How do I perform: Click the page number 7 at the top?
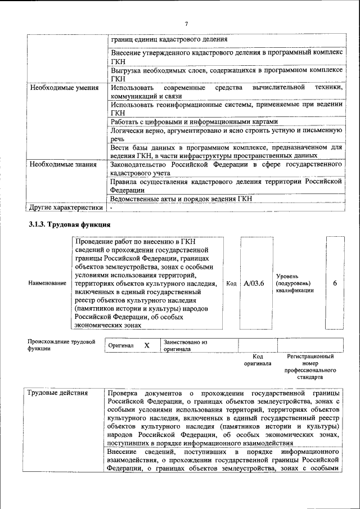click(186, 23)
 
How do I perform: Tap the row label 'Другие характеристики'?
click(66, 208)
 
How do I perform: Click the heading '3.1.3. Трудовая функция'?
click(69, 225)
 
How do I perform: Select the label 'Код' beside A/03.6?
click(231, 283)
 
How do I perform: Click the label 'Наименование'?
click(47, 283)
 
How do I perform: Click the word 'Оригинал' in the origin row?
click(121, 345)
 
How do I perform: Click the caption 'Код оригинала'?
click(258, 360)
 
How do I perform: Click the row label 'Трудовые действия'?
click(58, 393)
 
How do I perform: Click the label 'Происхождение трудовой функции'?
click(61, 345)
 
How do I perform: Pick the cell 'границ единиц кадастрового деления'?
click(169, 39)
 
